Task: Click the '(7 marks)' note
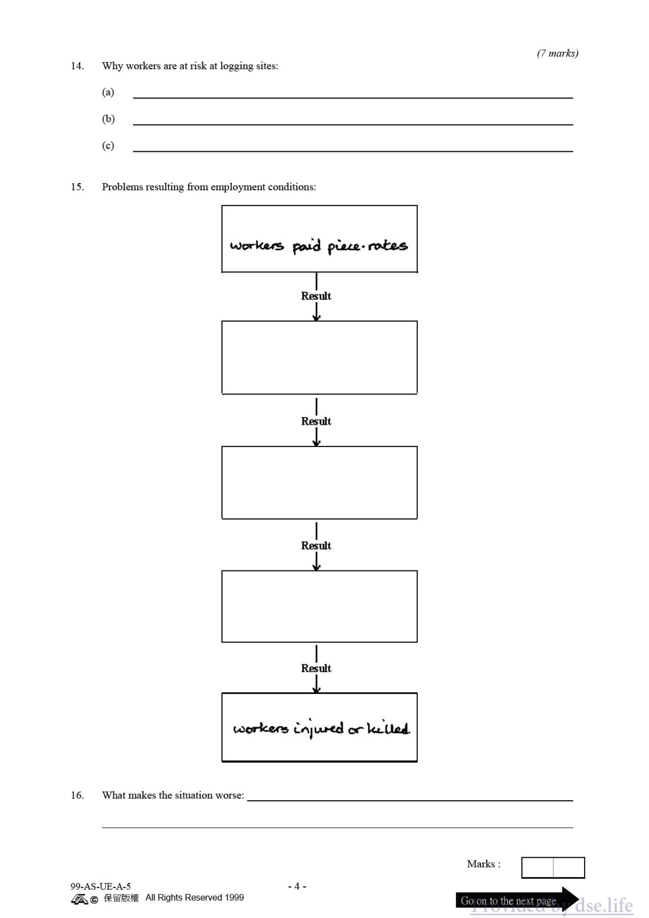(557, 53)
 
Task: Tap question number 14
(77, 66)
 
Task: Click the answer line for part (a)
(353, 98)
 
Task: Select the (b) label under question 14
(108, 119)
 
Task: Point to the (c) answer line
(353, 151)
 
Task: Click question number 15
(77, 187)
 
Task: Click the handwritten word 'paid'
(306, 245)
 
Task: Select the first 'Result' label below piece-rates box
(316, 296)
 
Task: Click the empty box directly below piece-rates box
(319, 357)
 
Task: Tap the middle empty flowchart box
(319, 483)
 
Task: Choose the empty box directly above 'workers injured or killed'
(319, 606)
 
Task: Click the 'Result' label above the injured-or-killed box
(316, 668)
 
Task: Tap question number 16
(77, 795)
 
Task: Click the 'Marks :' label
(484, 864)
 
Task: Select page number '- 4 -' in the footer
(297, 886)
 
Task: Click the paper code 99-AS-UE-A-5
(100, 887)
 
